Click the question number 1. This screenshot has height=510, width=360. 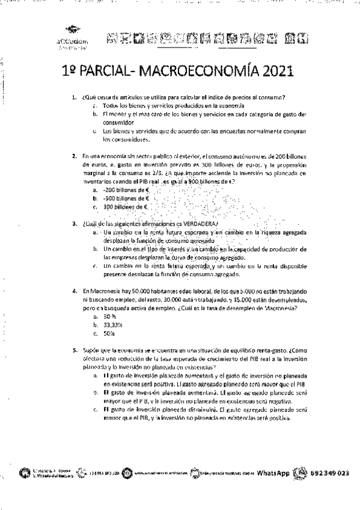[x=73, y=97]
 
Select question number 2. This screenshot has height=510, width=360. [x=73, y=156]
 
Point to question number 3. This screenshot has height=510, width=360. [x=73, y=223]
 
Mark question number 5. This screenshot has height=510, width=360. [x=73, y=349]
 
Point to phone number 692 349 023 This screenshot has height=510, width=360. [x=330, y=473]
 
